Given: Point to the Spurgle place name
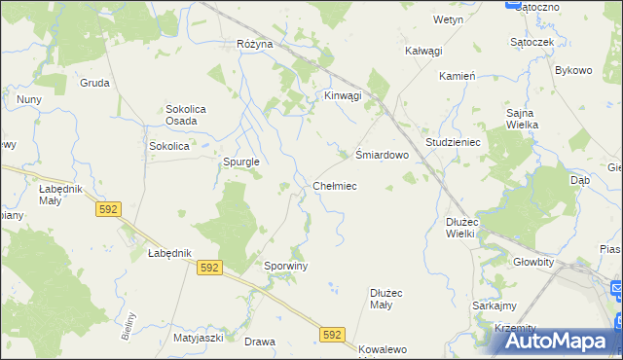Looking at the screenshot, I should [x=240, y=162].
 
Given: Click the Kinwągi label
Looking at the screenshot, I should [x=343, y=95].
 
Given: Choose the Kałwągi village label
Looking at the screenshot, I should [x=423, y=51].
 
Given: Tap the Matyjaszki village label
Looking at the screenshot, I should [x=200, y=338].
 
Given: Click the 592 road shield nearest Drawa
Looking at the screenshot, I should [x=332, y=335].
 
